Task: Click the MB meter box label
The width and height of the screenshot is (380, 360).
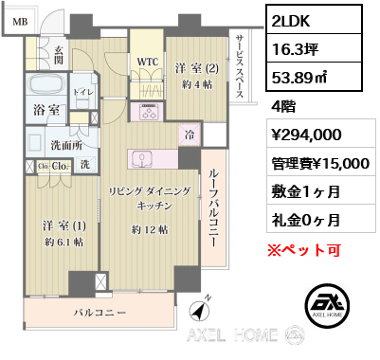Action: click(x=20, y=22)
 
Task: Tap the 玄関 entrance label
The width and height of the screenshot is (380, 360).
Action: click(x=59, y=55)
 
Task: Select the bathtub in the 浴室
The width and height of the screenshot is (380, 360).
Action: click(x=45, y=84)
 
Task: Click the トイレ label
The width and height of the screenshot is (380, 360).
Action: click(x=83, y=92)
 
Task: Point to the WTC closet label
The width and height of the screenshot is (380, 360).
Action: click(x=148, y=63)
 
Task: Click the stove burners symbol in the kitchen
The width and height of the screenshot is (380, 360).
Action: click(x=147, y=112)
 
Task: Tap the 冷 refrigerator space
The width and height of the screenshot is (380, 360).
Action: click(x=190, y=135)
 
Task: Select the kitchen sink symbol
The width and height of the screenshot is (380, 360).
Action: click(x=142, y=158)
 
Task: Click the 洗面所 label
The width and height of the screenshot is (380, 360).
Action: click(x=66, y=145)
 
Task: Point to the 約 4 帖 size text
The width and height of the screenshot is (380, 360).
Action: click(x=197, y=84)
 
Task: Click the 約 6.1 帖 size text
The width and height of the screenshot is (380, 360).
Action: click(x=64, y=242)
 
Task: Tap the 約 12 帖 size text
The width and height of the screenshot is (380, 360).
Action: click(x=150, y=230)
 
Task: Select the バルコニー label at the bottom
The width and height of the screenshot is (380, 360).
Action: click(x=100, y=313)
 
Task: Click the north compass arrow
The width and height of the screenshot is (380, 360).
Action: click(x=200, y=310)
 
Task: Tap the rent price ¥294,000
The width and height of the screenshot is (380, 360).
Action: click(x=307, y=135)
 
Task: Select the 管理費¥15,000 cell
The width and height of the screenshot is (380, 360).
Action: click(x=321, y=163)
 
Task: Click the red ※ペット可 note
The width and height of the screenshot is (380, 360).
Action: click(x=304, y=250)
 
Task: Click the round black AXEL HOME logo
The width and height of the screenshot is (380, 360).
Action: click(x=328, y=305)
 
